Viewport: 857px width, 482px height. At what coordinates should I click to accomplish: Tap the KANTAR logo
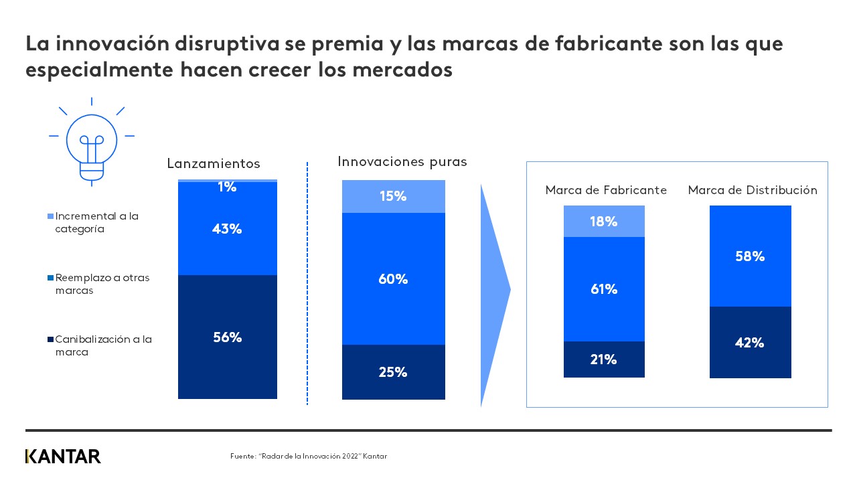[x=63, y=457]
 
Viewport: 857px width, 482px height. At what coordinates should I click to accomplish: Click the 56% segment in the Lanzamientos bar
[x=227, y=337]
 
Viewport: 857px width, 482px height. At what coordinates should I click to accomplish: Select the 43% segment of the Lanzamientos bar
[x=227, y=228]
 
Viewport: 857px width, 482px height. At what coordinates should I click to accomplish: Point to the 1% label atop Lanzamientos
[x=227, y=187]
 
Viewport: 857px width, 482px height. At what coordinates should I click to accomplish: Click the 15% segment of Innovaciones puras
[x=393, y=196]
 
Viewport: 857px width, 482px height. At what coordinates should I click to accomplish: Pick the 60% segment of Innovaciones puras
[x=393, y=278]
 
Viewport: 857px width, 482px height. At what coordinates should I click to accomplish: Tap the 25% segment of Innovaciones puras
[x=393, y=372]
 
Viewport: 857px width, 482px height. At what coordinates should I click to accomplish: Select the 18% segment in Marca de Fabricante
[x=603, y=222]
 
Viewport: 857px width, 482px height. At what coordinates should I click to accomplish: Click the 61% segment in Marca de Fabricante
[x=603, y=289]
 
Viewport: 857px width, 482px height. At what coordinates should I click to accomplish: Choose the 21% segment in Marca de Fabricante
[x=603, y=359]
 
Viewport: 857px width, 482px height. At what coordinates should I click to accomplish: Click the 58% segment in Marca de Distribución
[x=750, y=256]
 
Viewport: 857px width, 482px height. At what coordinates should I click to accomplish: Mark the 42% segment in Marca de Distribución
[x=750, y=342]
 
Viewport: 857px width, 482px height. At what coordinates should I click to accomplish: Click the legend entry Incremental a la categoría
[x=96, y=222]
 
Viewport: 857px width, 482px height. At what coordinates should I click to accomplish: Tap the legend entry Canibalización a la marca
[x=103, y=345]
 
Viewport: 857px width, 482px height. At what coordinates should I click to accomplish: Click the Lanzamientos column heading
[x=213, y=164]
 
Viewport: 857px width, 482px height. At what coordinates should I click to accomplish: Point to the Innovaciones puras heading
[x=402, y=161]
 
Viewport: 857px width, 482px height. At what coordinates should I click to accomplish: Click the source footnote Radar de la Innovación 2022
[x=308, y=457]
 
